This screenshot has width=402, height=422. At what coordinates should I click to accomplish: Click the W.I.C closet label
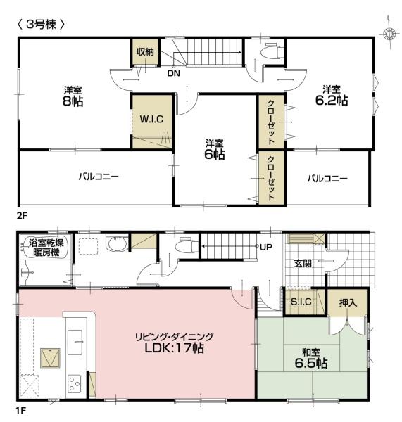click(x=151, y=119)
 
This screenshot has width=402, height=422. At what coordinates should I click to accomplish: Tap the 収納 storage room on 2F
click(x=145, y=51)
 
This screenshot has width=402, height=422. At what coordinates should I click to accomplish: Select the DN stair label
click(x=173, y=73)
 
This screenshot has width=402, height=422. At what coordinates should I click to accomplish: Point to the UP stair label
click(x=266, y=247)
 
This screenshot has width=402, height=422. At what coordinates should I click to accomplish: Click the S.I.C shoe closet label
click(x=301, y=302)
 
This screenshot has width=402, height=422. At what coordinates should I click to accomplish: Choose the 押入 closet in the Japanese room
click(x=348, y=303)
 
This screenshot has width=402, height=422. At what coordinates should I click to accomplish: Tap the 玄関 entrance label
click(x=303, y=264)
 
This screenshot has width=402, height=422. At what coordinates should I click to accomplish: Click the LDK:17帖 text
click(x=175, y=348)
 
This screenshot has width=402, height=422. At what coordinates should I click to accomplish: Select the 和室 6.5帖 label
click(x=311, y=358)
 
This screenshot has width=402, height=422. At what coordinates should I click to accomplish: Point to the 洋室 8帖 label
click(x=73, y=96)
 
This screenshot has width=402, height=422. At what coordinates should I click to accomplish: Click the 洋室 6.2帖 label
click(x=332, y=96)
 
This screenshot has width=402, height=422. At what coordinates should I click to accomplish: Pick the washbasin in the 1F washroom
click(x=117, y=243)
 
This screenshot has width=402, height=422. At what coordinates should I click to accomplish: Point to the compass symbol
click(x=389, y=33)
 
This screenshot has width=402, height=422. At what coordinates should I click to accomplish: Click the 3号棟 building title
click(x=41, y=25)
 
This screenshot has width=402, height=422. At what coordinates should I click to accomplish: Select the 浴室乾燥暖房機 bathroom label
click(x=46, y=248)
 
